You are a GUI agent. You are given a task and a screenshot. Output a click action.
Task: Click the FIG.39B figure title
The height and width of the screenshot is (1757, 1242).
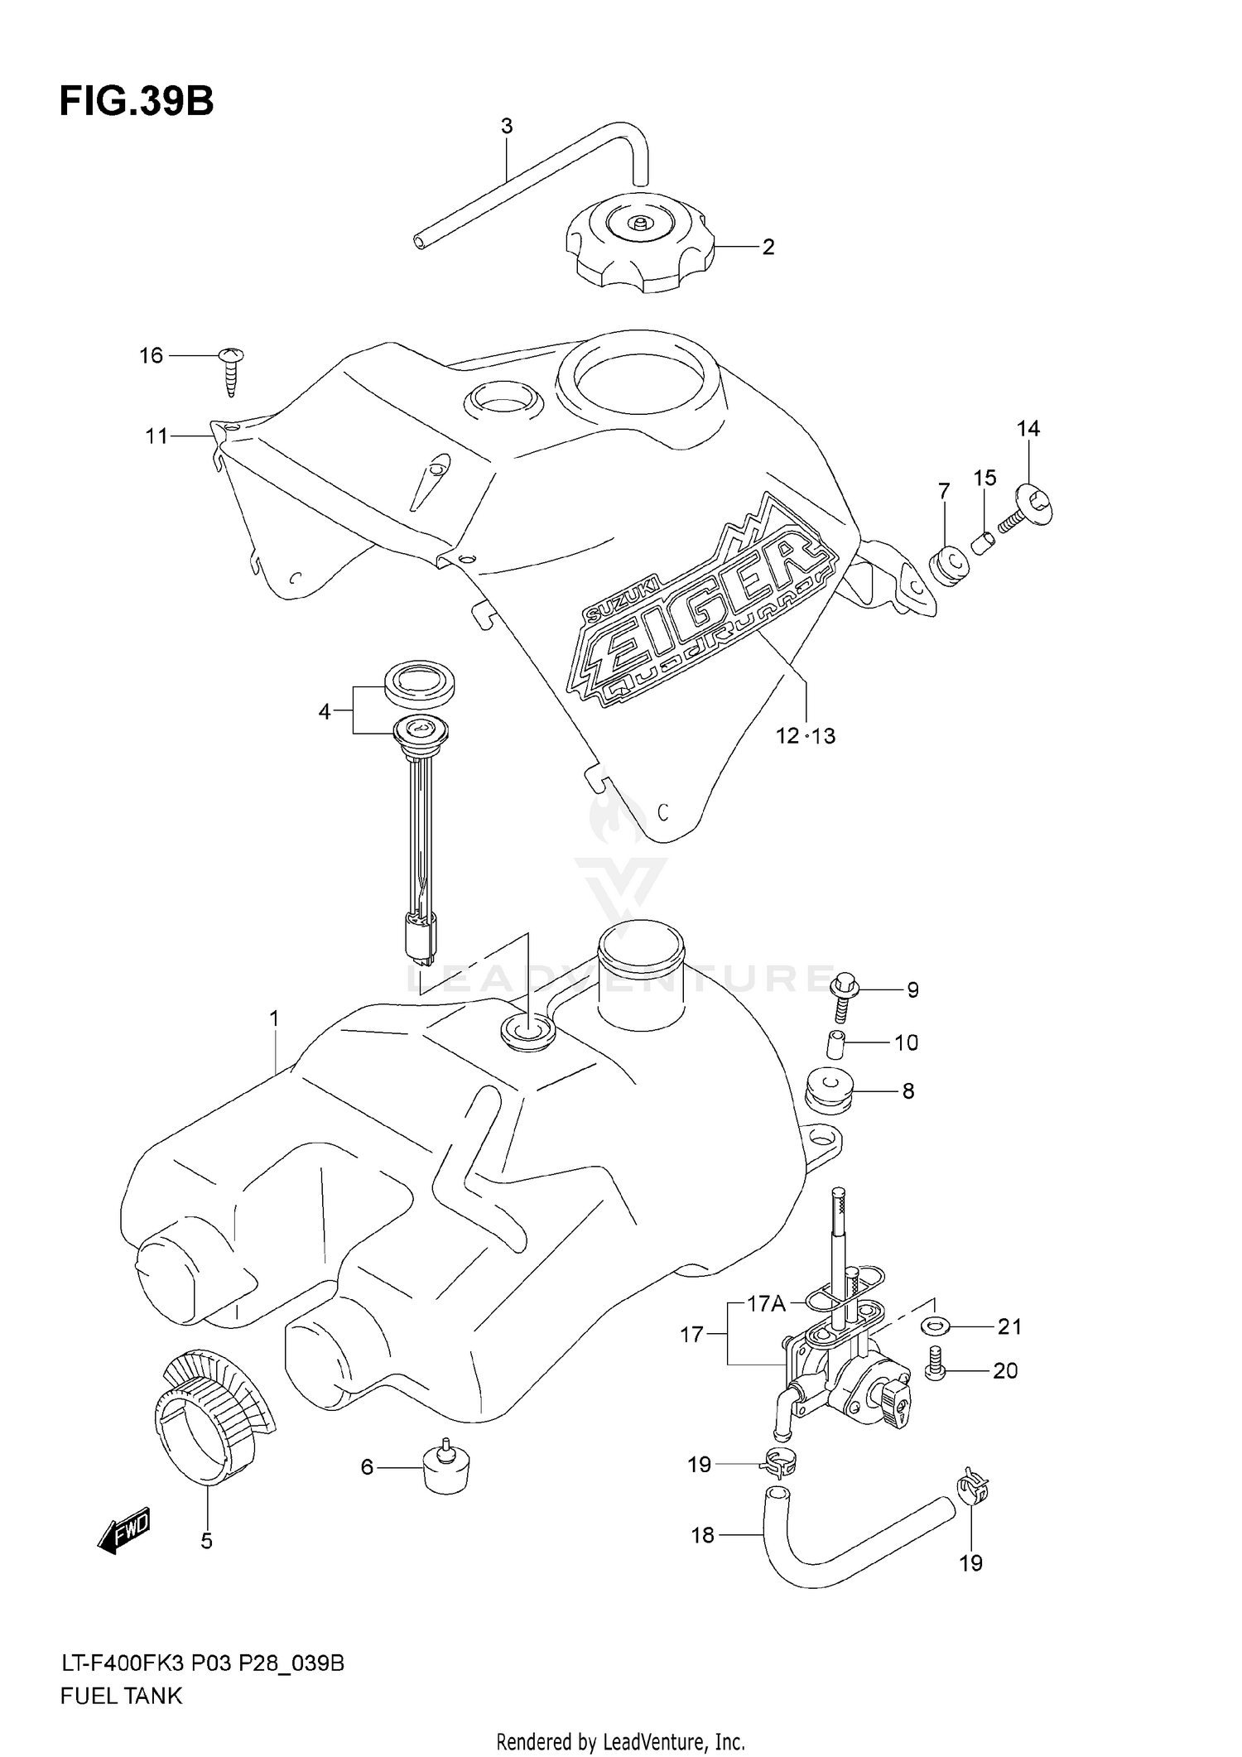tap(137, 102)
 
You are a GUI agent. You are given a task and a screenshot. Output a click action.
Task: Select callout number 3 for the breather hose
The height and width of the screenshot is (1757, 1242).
tap(507, 127)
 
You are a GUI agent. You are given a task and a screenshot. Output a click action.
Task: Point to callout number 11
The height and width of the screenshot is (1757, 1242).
tap(157, 436)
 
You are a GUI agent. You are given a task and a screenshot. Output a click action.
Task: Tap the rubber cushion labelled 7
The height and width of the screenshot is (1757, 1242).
tap(951, 566)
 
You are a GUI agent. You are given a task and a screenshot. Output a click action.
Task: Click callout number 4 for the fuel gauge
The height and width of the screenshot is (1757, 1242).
tap(325, 711)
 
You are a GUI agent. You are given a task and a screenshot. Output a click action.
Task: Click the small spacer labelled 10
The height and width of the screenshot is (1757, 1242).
tap(836, 1044)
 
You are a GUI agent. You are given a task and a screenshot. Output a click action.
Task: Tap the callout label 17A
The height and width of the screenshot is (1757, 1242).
tap(766, 1305)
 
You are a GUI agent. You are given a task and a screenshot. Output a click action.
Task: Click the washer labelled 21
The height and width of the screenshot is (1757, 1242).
tap(933, 1326)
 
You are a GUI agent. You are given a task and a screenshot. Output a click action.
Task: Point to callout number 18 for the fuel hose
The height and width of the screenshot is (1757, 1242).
tap(702, 1535)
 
